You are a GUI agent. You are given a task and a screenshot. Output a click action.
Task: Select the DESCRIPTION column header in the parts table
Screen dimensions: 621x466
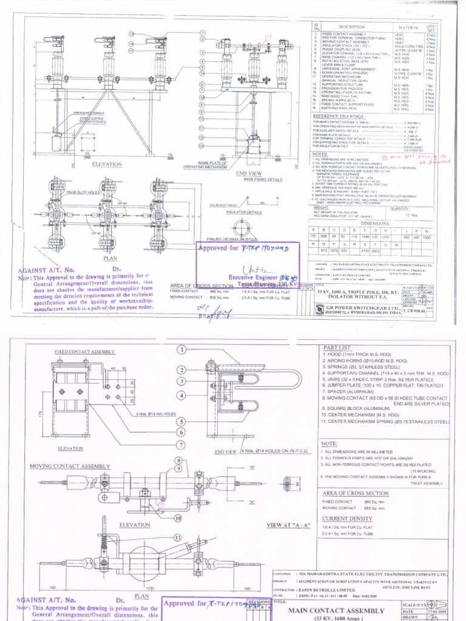pos(352,27)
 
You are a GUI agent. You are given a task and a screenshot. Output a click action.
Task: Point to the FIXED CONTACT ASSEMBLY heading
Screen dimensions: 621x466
pos(85,351)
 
